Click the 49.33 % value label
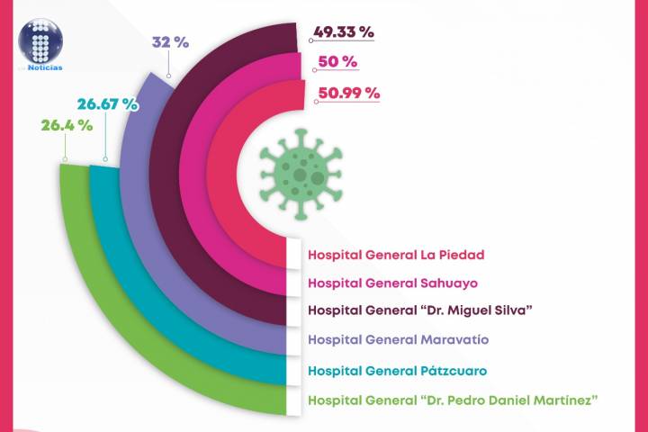tap(343, 32)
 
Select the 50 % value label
tap(336, 62)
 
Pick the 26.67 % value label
tap(107, 103)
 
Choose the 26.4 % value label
tap(66, 125)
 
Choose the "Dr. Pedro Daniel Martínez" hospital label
tap(453, 400)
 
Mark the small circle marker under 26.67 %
tap(104, 160)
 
